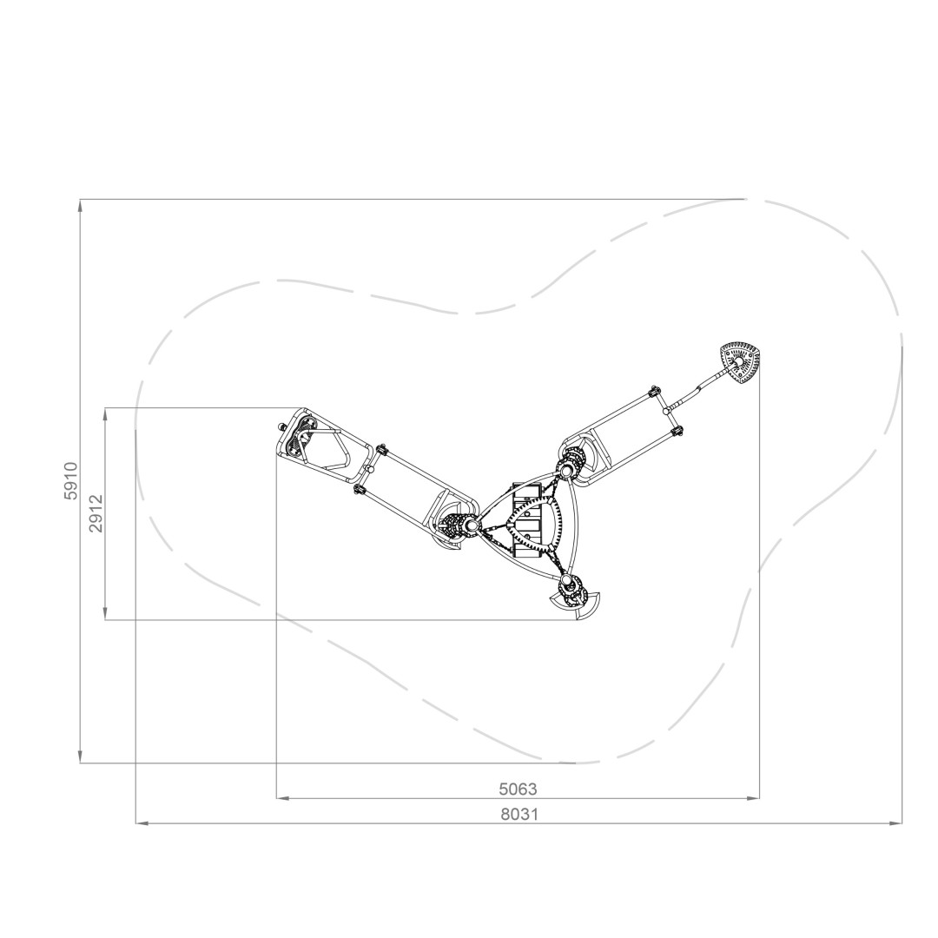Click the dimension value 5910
[72, 481]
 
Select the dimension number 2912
[96, 513]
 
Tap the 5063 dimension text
[518, 789]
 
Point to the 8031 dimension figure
[519, 814]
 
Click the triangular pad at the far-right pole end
[740, 362]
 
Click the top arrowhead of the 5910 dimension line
[81, 205]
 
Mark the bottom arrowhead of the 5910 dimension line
[81, 756]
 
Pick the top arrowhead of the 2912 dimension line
[105, 414]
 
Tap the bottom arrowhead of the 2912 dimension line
[105, 614]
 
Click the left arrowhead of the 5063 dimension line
[283, 797]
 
